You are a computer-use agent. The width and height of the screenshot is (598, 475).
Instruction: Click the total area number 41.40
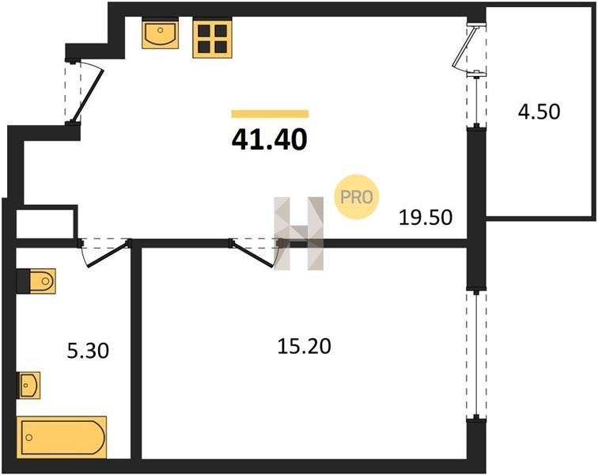tap(269, 139)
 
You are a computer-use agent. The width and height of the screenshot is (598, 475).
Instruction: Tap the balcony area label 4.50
tap(539, 112)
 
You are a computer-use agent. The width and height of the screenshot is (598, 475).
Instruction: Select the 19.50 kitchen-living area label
tap(426, 218)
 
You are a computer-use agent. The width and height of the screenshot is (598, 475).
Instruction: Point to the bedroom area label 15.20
tap(304, 347)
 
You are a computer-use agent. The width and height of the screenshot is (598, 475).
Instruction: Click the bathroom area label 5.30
tap(88, 351)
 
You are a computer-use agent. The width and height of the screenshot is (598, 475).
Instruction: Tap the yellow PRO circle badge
tap(356, 197)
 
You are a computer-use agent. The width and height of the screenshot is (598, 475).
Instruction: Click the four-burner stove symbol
tap(213, 39)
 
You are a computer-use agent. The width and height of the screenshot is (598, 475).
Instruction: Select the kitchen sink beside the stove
tap(160, 35)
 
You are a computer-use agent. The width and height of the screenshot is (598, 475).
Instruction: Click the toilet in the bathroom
tap(36, 281)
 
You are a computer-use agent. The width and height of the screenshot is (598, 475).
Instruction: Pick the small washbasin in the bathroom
tap(29, 385)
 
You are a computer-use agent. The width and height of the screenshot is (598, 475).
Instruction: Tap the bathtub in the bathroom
tap(62, 437)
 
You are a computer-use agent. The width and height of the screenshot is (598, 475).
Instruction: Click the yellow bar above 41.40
tap(270, 113)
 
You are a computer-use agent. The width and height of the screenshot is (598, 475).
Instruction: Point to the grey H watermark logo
tap(299, 234)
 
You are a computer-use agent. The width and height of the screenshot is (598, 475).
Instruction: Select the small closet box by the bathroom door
tap(45, 222)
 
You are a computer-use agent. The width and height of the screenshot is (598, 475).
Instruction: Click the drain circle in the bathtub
tap(28, 438)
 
